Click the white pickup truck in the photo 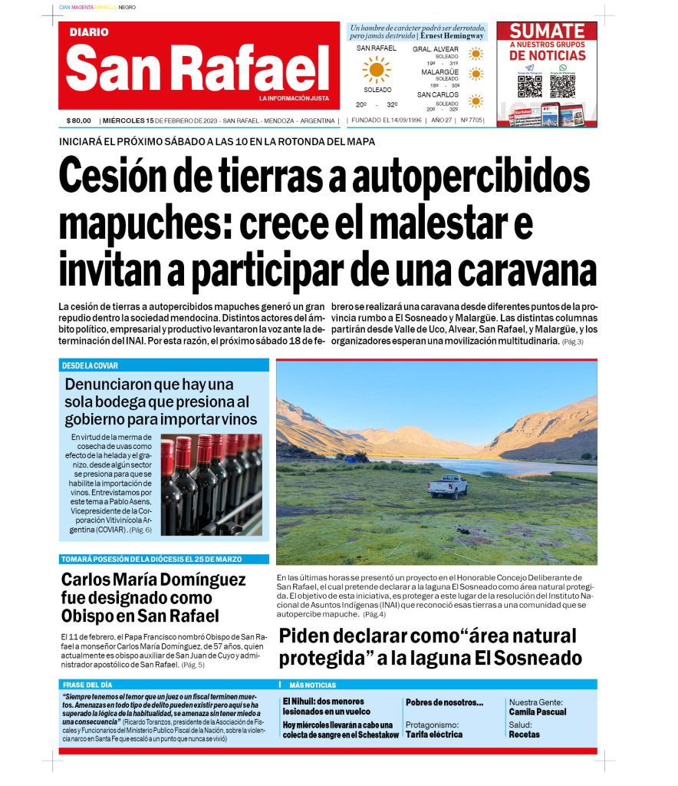point(448,486)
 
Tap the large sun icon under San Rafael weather point(377,70)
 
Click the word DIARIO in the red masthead point(90,33)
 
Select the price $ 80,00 point(79,121)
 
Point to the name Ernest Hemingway point(453,36)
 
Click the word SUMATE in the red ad point(548,31)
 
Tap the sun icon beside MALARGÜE point(476,74)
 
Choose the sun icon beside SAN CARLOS point(476,101)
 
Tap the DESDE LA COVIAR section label point(91,365)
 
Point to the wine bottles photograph point(211,484)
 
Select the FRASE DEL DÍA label point(87,685)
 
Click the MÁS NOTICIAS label point(312,685)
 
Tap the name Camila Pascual point(538,712)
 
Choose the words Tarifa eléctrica point(434,735)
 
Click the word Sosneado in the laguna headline point(537,658)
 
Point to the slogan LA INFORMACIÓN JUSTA point(294,98)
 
